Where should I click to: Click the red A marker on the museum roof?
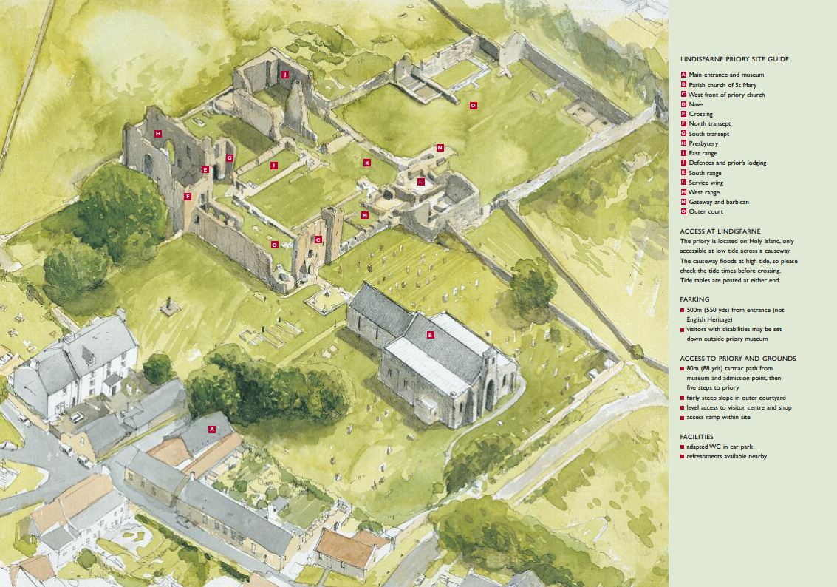coord(211,429)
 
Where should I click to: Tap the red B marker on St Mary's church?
coord(431,335)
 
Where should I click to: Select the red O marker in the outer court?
coord(473,106)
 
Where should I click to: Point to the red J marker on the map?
coord(284,75)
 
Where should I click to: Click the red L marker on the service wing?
coord(421,181)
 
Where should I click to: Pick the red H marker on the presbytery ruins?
coord(158,134)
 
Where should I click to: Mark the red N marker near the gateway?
coord(440,148)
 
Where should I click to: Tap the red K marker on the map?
coord(366,163)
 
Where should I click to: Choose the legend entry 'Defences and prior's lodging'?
coord(727,163)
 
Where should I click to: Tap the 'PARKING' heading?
coord(694,300)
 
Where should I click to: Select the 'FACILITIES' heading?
coord(697,437)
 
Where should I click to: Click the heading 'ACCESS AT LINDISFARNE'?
coord(720,231)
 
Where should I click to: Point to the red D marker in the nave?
coord(274,245)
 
